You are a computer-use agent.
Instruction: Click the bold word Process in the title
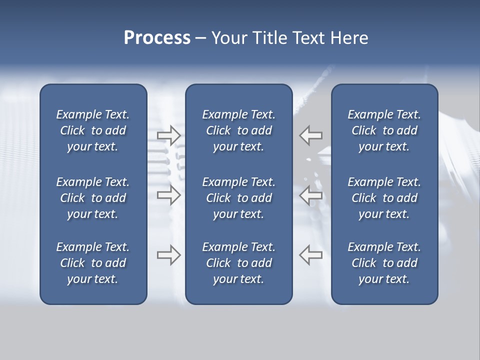tap(157, 38)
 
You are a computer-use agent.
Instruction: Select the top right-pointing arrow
tap(168, 135)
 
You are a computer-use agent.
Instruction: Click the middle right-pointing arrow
tap(168, 195)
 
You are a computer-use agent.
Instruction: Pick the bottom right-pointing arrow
tap(168, 255)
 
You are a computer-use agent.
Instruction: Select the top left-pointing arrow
tap(311, 135)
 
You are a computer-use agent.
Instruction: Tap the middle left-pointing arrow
tap(311, 195)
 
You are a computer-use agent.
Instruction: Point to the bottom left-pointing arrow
tap(311, 255)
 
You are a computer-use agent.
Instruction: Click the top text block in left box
tap(93, 130)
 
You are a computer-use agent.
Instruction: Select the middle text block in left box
tap(93, 198)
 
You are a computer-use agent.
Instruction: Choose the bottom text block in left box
tap(93, 263)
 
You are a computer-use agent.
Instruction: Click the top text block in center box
tap(239, 130)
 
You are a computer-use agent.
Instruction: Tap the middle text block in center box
tap(239, 198)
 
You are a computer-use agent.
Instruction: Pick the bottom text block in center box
tap(239, 263)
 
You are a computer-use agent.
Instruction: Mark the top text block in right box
tap(384, 130)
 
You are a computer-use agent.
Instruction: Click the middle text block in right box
tap(384, 198)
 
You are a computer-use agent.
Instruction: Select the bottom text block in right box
tap(384, 263)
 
